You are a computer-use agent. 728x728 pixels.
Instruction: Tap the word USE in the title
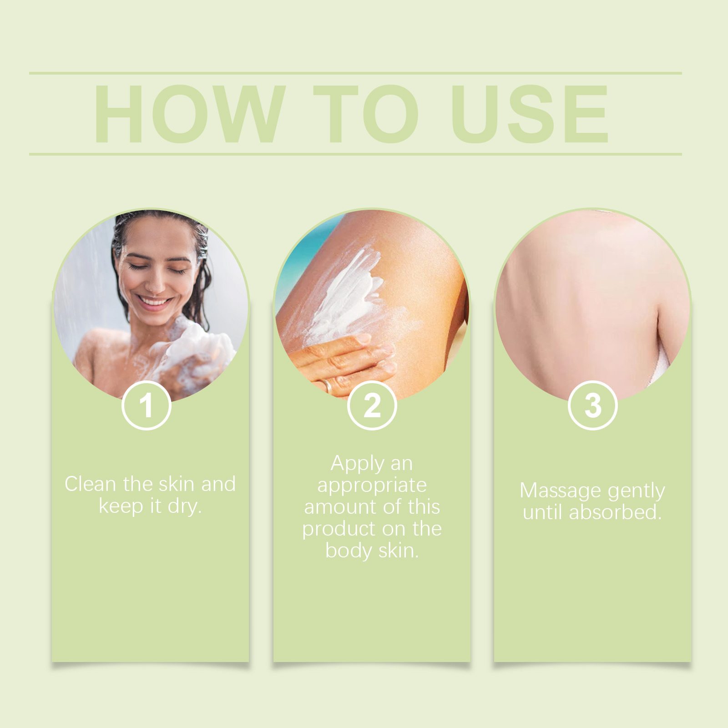pos(529,114)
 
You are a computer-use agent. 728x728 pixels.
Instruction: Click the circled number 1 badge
pos(147,405)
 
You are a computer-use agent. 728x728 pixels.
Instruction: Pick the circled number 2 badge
pos(372,405)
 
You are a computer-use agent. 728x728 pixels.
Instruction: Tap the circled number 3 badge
pos(593,405)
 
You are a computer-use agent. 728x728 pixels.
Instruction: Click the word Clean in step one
pos(90,484)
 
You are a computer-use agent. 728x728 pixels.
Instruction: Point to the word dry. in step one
pos(184,506)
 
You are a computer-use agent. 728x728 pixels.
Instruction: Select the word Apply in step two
pos(358,464)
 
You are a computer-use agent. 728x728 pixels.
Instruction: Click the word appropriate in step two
pos(372,485)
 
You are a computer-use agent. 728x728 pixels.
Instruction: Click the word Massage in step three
pos(561,491)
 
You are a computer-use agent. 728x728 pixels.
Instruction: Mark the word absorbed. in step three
pos(615,513)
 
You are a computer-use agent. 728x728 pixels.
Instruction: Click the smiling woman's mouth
pos(155,302)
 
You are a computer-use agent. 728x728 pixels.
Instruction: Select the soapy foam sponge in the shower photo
pos(200,350)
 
